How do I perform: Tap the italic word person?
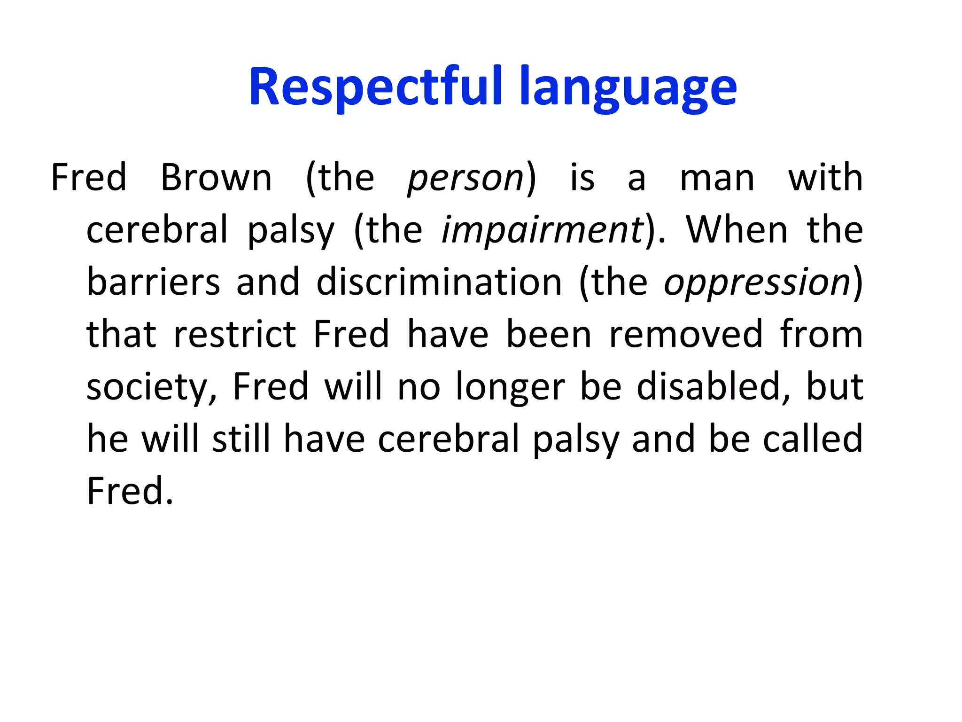pyautogui.click(x=465, y=179)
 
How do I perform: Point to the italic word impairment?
pyautogui.click(x=543, y=230)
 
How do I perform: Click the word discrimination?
pyautogui.click(x=439, y=282)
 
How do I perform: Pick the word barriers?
pyautogui.click(x=153, y=282)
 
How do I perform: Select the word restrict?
pyautogui.click(x=234, y=334)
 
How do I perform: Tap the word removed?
pyautogui.click(x=686, y=334)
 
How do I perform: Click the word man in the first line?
pyautogui.click(x=717, y=179)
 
